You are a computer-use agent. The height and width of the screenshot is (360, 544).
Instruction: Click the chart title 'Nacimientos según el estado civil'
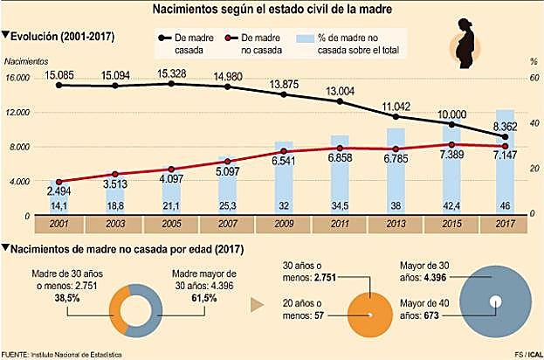coord(271,10)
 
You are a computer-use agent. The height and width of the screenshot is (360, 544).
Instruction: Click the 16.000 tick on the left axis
coord(17,79)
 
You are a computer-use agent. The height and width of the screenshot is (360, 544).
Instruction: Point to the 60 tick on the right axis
coord(532,79)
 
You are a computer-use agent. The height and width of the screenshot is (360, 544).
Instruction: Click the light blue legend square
coord(304,39)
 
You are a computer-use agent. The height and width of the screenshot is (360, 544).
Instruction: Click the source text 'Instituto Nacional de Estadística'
coord(73,354)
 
